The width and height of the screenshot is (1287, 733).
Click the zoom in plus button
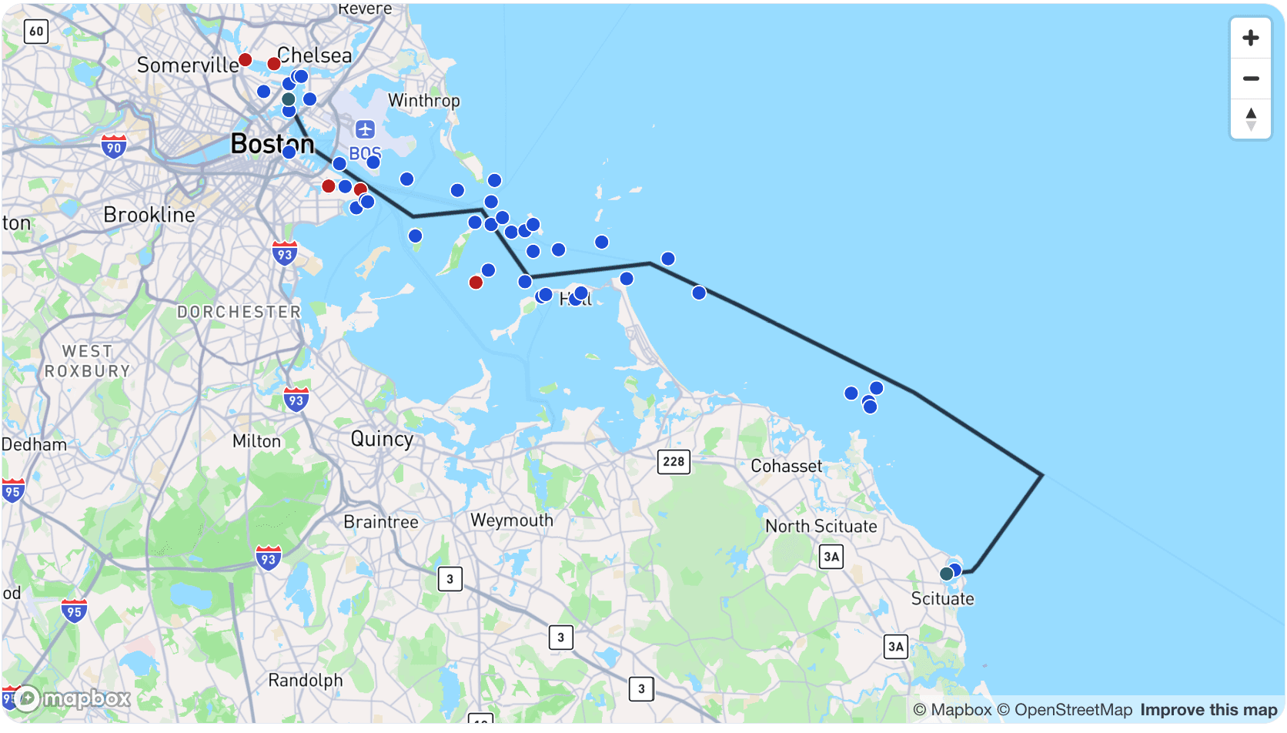1251,38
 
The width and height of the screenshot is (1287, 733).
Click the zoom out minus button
1251,79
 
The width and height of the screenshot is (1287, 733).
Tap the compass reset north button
1251,119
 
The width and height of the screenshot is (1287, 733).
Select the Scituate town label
942,599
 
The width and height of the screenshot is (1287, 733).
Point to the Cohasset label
786,467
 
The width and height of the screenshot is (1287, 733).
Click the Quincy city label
382,439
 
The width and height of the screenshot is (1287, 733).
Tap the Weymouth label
512,520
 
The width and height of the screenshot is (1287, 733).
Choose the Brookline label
149,215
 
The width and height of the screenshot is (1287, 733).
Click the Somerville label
187,65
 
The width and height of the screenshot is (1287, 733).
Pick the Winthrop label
423,101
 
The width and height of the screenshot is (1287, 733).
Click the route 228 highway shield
674,461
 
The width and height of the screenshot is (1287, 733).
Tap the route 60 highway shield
36,32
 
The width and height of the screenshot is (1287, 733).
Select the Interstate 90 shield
114,146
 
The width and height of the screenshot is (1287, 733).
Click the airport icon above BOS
365,129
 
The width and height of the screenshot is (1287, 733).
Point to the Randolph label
305,681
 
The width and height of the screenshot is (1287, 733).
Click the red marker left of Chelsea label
273,64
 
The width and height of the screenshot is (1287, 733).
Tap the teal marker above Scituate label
946,574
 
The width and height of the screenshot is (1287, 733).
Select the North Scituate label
821,527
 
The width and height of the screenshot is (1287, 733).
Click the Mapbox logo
72,698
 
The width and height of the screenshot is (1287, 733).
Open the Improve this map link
1208,710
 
